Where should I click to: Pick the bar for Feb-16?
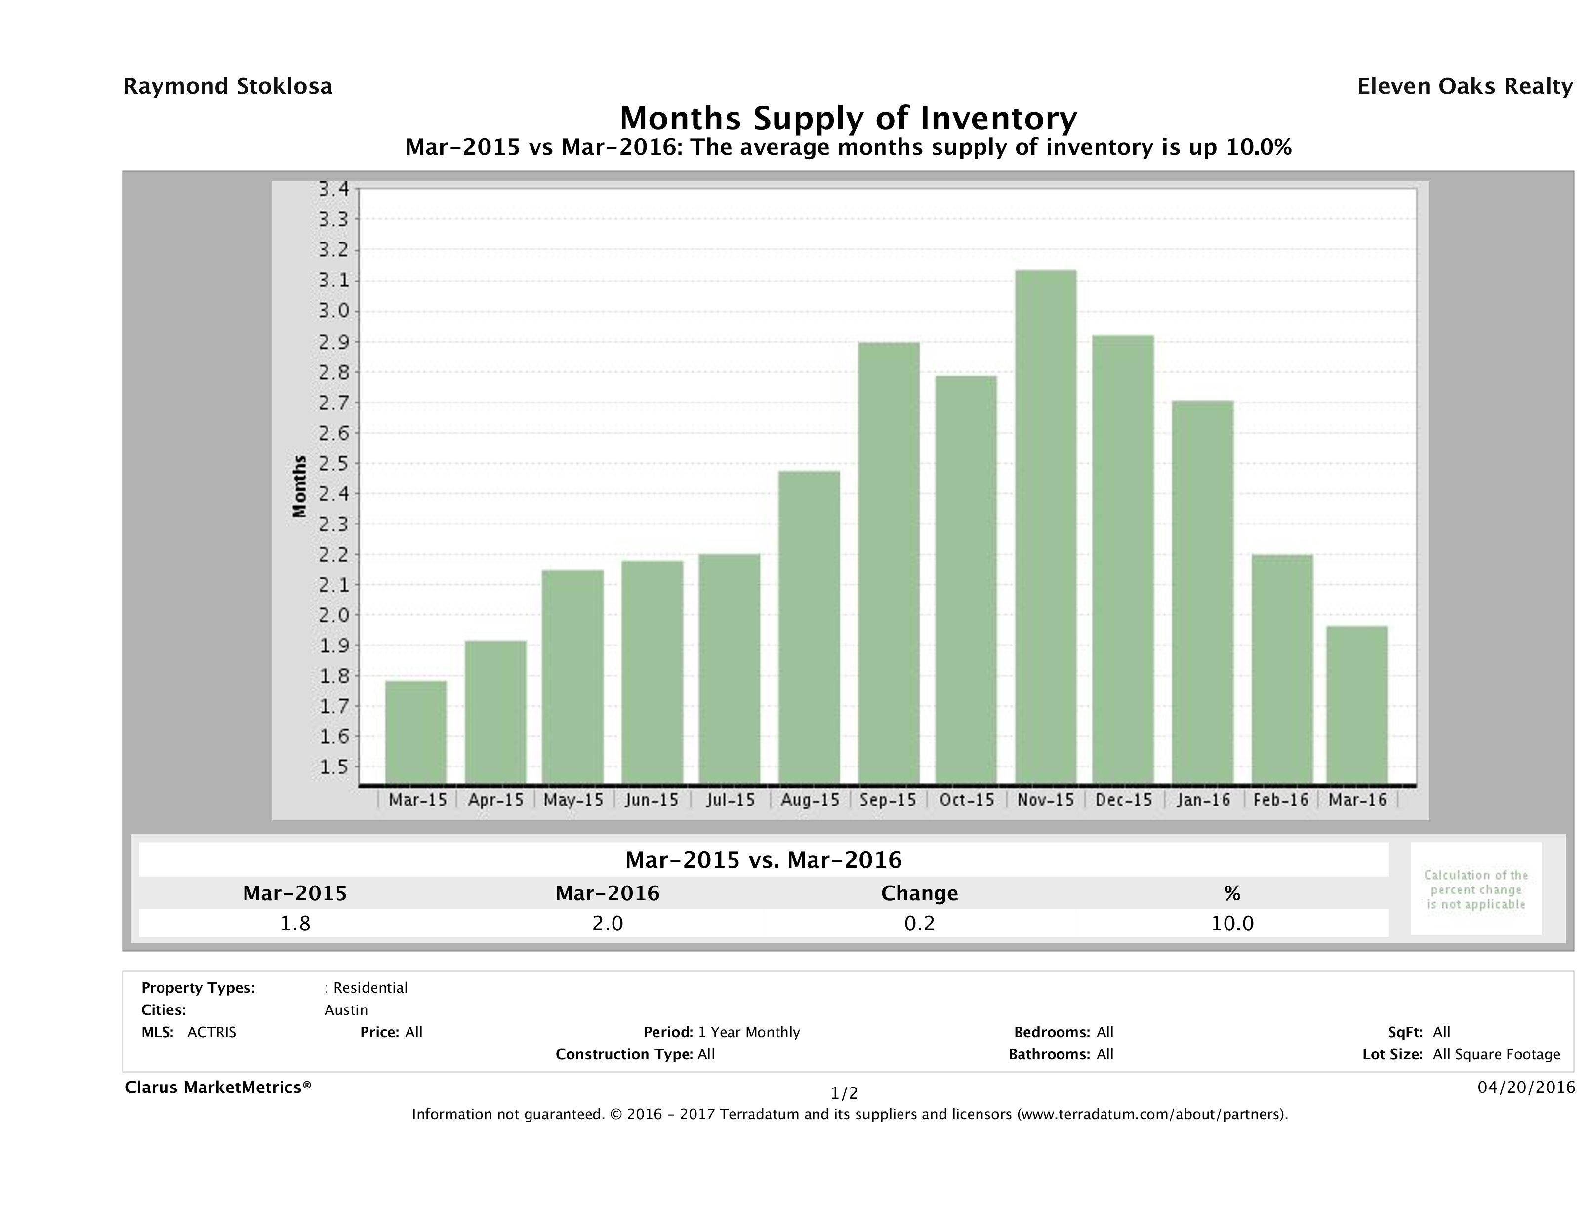coord(1282,669)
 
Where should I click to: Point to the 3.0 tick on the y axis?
coord(333,311)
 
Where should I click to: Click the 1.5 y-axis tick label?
coord(333,766)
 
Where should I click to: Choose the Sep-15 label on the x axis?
coord(888,800)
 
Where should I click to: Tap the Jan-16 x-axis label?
coord(1203,800)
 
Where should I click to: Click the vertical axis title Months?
coord(300,486)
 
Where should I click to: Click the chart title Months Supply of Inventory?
coord(848,118)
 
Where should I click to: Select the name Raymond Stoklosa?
coord(228,86)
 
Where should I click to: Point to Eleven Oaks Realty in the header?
coord(1464,86)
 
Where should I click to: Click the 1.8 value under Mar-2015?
coord(295,924)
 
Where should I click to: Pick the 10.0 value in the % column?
coord(1232,924)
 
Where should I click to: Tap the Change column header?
coord(920,893)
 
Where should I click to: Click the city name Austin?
coord(346,1010)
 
